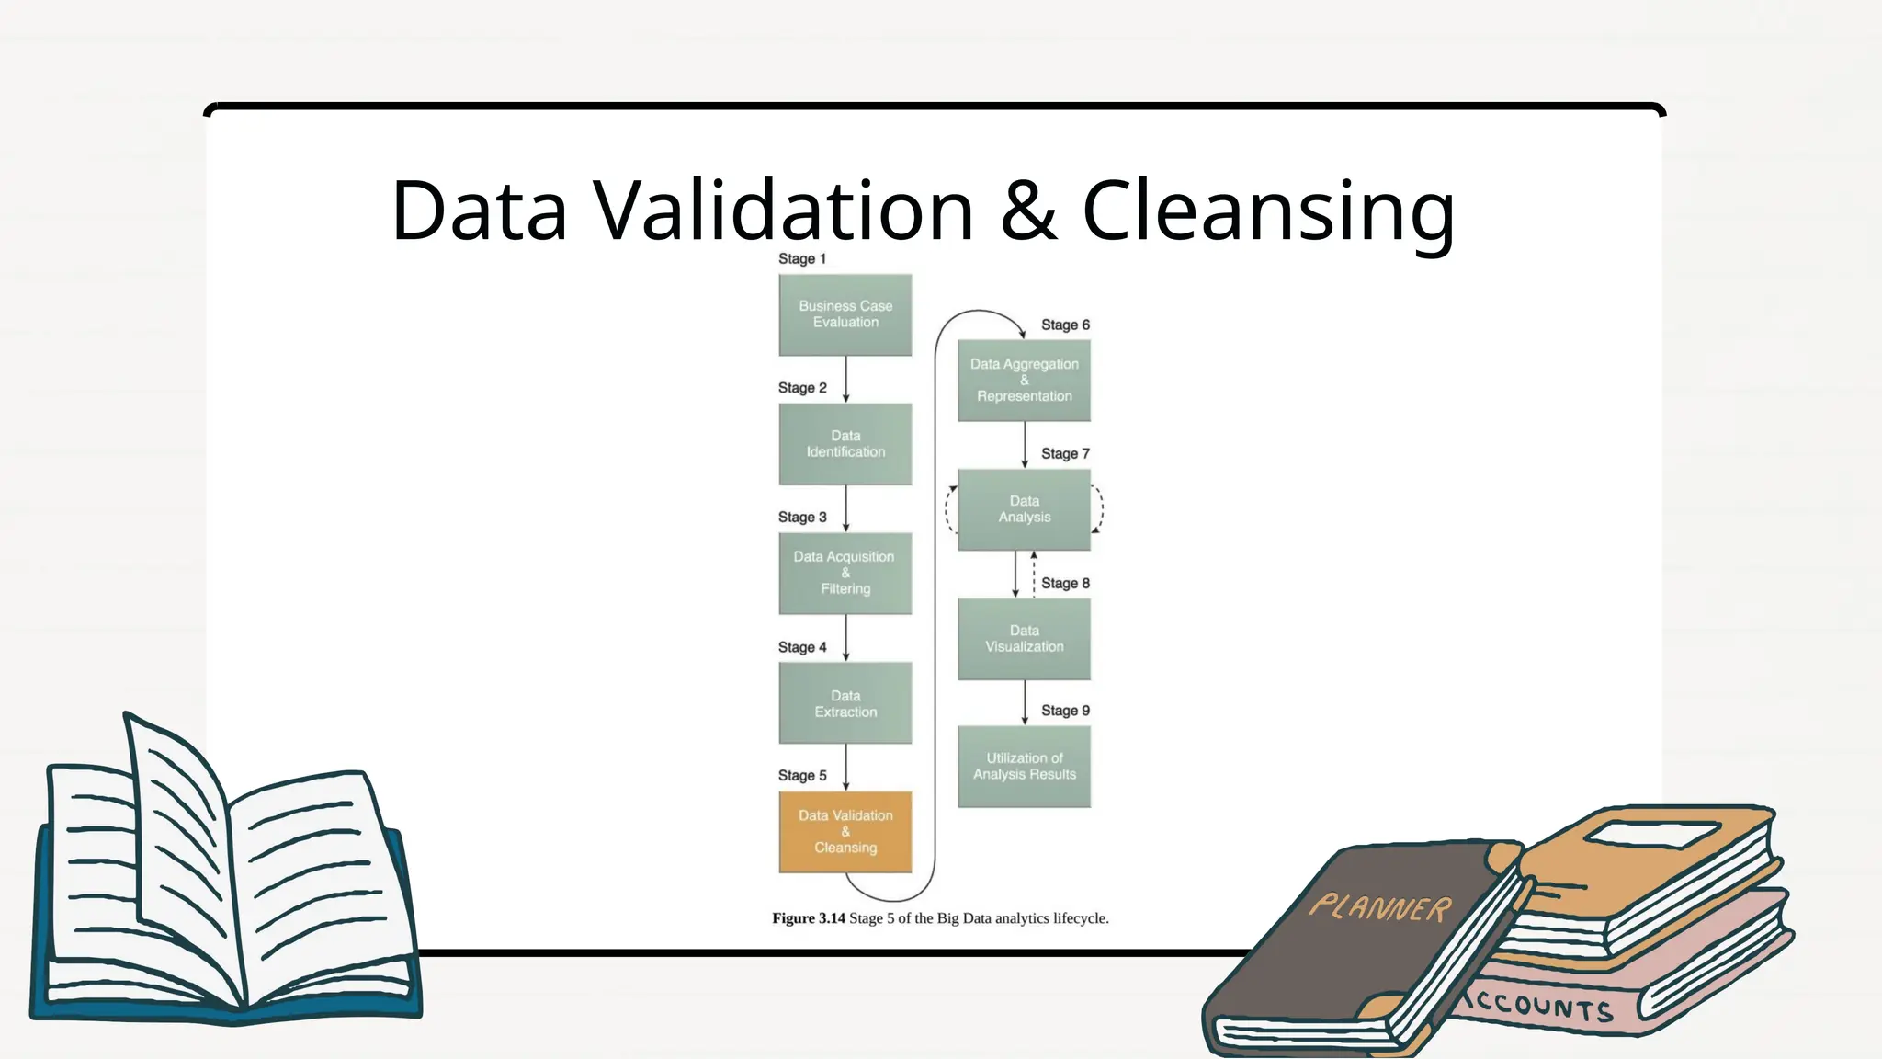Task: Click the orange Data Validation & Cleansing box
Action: click(x=845, y=832)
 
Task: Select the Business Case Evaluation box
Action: click(x=845, y=314)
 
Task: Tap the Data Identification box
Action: click(x=845, y=444)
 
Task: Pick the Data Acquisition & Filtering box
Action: click(x=845, y=574)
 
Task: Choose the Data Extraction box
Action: click(x=845, y=703)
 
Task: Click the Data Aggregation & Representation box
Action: click(x=1024, y=381)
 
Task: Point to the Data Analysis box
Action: click(x=1024, y=509)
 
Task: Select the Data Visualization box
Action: click(x=1024, y=639)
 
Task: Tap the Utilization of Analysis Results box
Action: click(x=1024, y=767)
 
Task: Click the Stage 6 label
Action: click(x=1065, y=325)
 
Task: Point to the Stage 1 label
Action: click(x=801, y=259)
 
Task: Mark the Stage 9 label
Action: click(x=1065, y=711)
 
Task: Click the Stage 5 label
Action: click(x=801, y=776)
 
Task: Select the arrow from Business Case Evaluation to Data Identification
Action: click(x=845, y=379)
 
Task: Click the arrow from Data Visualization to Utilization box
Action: click(x=1025, y=703)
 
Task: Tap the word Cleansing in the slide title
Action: click(x=1268, y=211)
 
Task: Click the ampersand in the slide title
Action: click(x=1028, y=211)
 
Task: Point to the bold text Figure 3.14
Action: click(x=808, y=918)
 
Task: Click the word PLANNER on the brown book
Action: click(x=1380, y=908)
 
